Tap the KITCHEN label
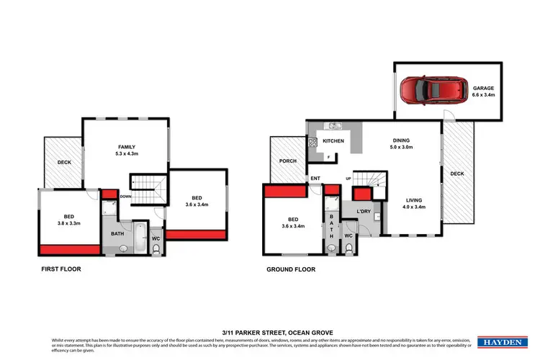coord(333,140)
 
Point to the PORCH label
coord(287,162)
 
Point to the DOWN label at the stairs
coord(125,196)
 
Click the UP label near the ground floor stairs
coord(348,179)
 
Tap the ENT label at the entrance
coord(315,178)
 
